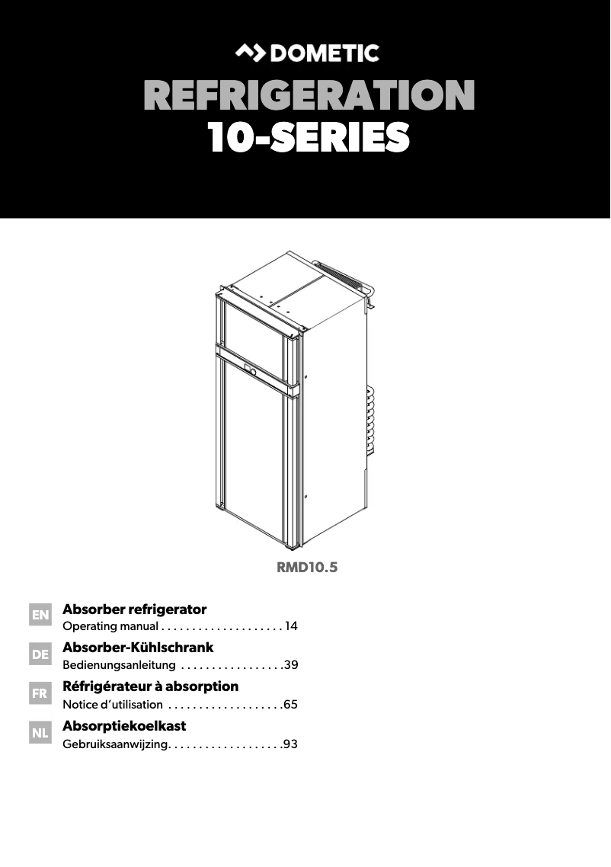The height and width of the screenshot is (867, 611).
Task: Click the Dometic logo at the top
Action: (x=305, y=53)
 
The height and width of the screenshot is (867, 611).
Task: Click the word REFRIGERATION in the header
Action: (x=309, y=97)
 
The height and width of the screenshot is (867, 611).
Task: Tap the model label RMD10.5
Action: (x=306, y=567)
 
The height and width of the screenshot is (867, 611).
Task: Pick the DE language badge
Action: (x=40, y=654)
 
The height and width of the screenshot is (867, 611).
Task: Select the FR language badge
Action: (x=40, y=694)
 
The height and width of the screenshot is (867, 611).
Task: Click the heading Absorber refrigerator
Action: (x=135, y=609)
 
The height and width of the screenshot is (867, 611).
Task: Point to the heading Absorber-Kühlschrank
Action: (x=138, y=648)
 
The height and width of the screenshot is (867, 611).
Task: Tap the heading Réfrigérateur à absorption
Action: (x=150, y=686)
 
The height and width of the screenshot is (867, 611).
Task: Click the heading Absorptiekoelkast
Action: (x=124, y=725)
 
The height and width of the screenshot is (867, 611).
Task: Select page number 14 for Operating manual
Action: (x=290, y=627)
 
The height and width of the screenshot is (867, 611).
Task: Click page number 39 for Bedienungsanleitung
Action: (x=290, y=665)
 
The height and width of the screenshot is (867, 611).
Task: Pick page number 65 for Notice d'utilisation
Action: (x=290, y=705)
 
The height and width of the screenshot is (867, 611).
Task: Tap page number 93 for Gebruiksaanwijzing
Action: (x=290, y=744)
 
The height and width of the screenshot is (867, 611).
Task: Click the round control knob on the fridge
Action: (x=249, y=372)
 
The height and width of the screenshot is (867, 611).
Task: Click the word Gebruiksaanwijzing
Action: (x=114, y=744)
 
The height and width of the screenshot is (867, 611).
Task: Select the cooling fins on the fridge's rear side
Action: (x=371, y=427)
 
